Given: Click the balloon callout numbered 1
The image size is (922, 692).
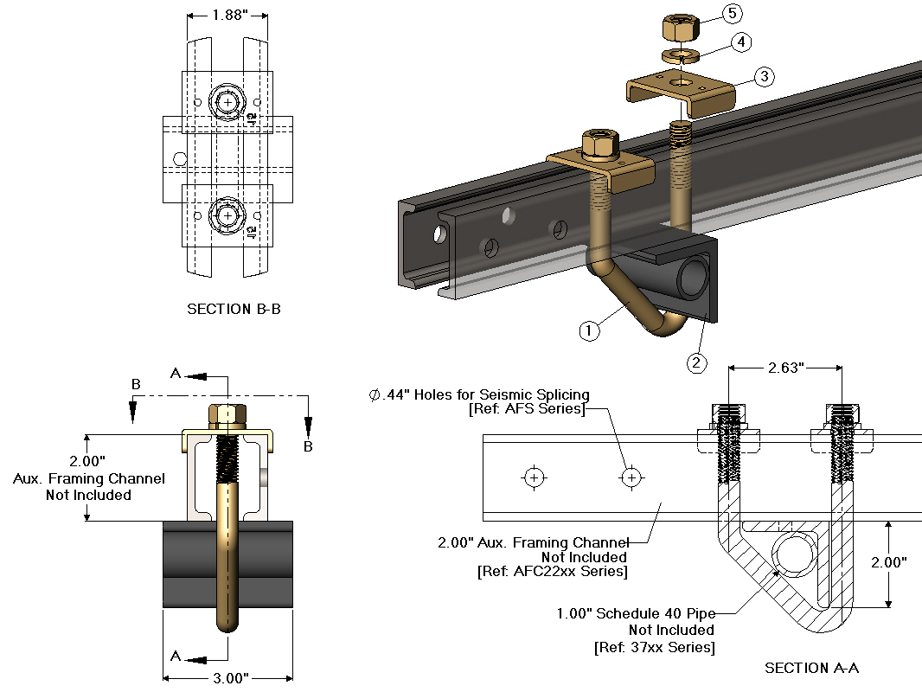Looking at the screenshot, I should pyautogui.click(x=589, y=330).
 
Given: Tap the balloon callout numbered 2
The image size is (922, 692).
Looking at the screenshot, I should pyautogui.click(x=697, y=362).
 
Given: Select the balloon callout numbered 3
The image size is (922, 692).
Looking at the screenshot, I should pyautogui.click(x=763, y=77).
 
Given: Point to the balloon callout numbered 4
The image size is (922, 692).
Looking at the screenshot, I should pyautogui.click(x=740, y=42).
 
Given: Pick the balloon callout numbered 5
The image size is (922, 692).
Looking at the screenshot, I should pyautogui.click(x=732, y=14).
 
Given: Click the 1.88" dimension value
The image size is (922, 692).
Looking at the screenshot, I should pyautogui.click(x=227, y=15).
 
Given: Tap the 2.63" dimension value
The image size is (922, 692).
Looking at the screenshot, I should pyautogui.click(x=784, y=368).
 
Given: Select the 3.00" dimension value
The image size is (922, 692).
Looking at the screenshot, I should pyautogui.click(x=228, y=678).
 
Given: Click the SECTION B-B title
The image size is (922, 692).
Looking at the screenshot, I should pyautogui.click(x=234, y=309).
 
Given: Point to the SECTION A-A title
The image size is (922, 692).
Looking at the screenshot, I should pyautogui.click(x=812, y=668).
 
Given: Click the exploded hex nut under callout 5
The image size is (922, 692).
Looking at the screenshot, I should pyautogui.click(x=681, y=27).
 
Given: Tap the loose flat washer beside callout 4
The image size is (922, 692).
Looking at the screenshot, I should pyautogui.click(x=683, y=56).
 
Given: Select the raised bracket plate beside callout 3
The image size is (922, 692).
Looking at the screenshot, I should pyautogui.click(x=683, y=90).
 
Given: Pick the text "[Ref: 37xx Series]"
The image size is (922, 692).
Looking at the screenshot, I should pyautogui.click(x=654, y=647).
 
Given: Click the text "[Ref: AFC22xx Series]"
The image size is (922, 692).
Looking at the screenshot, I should pyautogui.click(x=552, y=572).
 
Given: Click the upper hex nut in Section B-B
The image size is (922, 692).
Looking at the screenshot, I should pyautogui.click(x=227, y=101).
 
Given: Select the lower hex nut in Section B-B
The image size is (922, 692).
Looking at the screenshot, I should pyautogui.click(x=227, y=213).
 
